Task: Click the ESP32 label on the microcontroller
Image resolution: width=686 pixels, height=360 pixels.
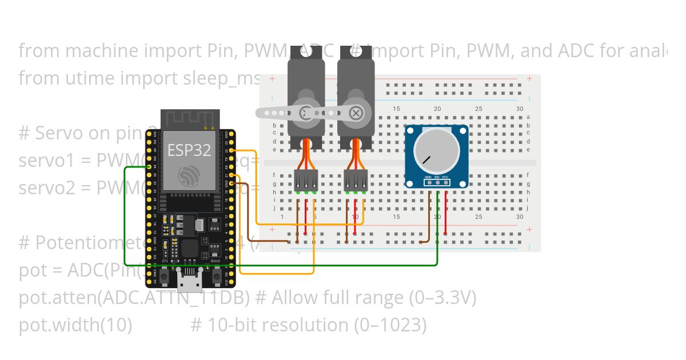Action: tap(189, 150)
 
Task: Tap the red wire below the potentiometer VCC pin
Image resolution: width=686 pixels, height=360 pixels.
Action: tap(446, 211)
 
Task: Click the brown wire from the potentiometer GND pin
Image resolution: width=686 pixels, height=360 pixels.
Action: tap(429, 217)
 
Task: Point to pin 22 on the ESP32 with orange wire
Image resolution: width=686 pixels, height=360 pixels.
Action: tap(231, 150)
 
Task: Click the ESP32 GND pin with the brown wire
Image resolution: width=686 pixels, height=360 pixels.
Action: tap(231, 183)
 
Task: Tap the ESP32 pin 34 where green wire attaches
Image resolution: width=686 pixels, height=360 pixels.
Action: tap(148, 167)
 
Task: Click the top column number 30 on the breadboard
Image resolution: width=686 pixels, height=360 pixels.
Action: tap(519, 109)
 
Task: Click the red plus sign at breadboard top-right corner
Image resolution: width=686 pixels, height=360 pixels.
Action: tap(530, 78)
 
